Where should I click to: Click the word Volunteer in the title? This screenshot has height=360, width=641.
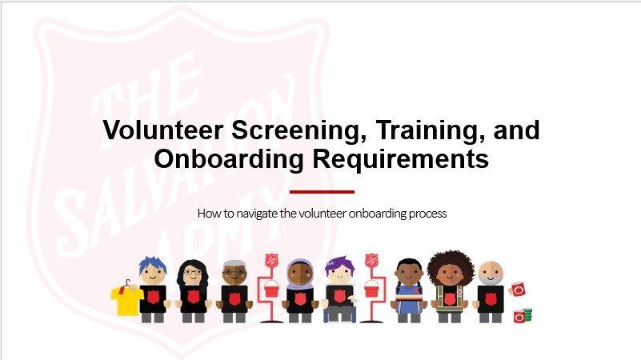click(x=162, y=130)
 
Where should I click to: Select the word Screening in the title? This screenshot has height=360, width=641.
click(x=298, y=131)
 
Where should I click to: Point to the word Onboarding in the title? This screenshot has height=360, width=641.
click(x=229, y=159)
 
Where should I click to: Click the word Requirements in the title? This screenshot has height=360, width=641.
click(x=401, y=159)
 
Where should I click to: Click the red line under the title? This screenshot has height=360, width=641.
click(x=322, y=192)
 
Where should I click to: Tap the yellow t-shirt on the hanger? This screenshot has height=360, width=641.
click(x=126, y=300)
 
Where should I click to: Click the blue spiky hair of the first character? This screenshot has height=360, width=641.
click(x=152, y=264)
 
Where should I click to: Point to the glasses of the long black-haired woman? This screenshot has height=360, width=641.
click(x=193, y=272)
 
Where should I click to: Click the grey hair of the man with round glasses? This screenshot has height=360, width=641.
click(x=234, y=264)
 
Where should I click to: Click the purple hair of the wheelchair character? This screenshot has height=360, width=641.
click(x=339, y=264)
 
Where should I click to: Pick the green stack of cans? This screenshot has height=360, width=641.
click(x=527, y=314)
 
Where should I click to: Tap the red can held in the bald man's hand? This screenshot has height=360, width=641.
click(x=518, y=290)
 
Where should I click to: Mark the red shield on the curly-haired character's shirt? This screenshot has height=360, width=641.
click(x=449, y=298)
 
